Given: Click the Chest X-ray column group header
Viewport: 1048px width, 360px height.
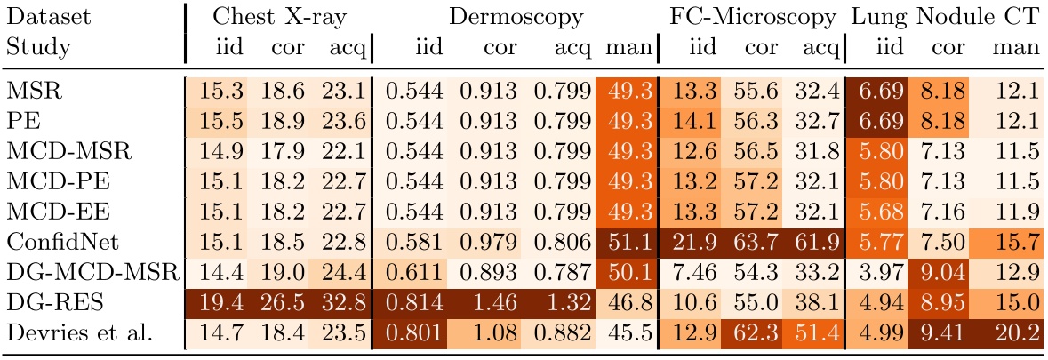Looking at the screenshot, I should click(279, 18).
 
